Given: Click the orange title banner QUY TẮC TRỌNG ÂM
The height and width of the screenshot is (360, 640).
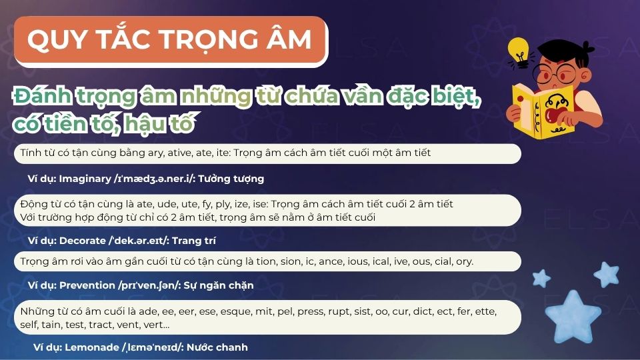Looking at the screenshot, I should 170,41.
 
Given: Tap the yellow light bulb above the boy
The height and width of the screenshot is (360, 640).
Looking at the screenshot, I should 518,51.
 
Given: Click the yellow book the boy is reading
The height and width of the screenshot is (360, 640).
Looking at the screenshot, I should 543,110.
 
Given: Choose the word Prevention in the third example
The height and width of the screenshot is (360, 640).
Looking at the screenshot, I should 87,285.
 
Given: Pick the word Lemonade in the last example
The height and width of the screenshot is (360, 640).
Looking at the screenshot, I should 92,347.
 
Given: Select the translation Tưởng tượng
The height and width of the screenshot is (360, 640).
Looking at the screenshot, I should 235,179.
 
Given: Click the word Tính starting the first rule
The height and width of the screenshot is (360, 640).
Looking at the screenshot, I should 30,153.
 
